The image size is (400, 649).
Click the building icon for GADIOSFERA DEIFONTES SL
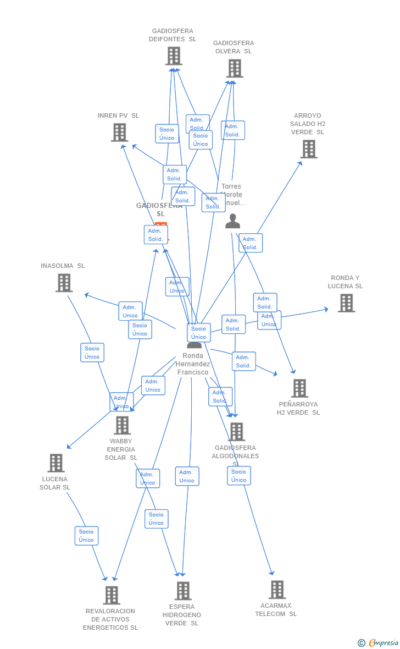[x=174, y=56]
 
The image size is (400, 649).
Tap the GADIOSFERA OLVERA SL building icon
[x=235, y=68]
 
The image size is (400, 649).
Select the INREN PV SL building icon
[x=119, y=132]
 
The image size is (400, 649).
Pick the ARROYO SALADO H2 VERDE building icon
[x=309, y=148]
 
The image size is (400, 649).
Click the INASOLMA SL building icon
[x=64, y=283]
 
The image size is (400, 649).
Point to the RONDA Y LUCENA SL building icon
[x=346, y=302]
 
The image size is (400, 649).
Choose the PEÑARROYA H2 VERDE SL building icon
[x=299, y=388]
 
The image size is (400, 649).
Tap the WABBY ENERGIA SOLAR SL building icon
[x=122, y=425]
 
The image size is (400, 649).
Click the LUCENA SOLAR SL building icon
[x=56, y=463]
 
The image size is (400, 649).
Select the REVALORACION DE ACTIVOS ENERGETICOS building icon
[x=112, y=595]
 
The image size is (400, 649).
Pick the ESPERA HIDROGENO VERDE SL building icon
[x=183, y=591]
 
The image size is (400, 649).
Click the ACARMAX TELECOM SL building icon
[x=277, y=590]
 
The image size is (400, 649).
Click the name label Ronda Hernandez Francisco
[x=193, y=364]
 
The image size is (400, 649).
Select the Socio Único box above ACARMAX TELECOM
[x=239, y=476]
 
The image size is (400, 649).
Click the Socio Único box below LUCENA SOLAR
[x=86, y=536]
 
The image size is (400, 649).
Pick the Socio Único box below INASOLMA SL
[x=92, y=353]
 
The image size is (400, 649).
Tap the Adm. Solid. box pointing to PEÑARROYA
[x=244, y=361]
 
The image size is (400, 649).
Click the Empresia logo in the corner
[x=379, y=642]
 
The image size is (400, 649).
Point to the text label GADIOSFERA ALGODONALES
[x=235, y=452]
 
